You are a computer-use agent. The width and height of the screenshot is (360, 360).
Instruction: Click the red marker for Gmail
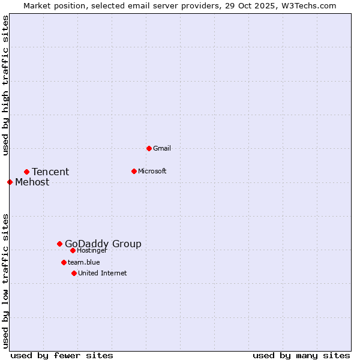(x=149, y=148)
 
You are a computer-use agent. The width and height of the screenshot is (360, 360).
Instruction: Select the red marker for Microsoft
(x=134, y=171)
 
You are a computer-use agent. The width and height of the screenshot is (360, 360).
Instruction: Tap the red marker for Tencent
(x=26, y=172)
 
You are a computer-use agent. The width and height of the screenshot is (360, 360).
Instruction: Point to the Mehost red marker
(x=10, y=182)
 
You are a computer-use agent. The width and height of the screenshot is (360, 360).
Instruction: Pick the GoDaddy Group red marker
(x=59, y=244)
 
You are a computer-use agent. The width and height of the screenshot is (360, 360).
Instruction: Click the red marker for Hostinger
(x=73, y=250)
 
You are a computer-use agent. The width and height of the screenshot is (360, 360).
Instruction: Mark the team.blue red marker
(x=64, y=262)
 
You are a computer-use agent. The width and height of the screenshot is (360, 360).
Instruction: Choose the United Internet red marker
(x=74, y=273)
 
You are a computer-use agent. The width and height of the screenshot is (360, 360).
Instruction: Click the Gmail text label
(x=162, y=148)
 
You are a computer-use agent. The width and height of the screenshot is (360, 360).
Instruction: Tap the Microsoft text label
(x=152, y=171)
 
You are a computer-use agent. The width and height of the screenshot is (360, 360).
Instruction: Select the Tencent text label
(x=50, y=172)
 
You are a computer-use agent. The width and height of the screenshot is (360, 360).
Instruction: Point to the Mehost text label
(x=32, y=182)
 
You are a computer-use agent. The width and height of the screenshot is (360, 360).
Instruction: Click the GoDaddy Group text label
(x=103, y=244)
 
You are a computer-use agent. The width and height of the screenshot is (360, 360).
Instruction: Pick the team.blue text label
(x=84, y=262)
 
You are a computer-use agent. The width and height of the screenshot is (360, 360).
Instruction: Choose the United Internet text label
(x=103, y=273)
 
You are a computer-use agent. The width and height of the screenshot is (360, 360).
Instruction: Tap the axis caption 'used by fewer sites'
(x=62, y=355)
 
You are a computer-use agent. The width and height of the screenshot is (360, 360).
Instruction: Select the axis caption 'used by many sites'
(x=301, y=355)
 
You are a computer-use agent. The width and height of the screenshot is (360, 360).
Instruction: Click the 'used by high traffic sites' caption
(x=5, y=86)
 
